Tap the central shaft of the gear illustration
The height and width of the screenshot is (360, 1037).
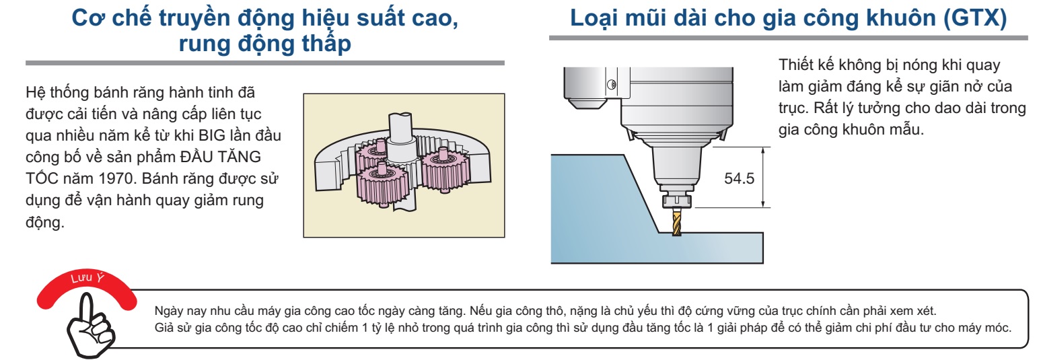[401, 135]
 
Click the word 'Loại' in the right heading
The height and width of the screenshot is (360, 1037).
[597, 19]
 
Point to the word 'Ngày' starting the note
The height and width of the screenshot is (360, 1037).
[166, 312]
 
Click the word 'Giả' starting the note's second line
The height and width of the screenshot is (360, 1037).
[164, 327]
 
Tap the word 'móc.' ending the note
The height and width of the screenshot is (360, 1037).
[996, 327]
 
